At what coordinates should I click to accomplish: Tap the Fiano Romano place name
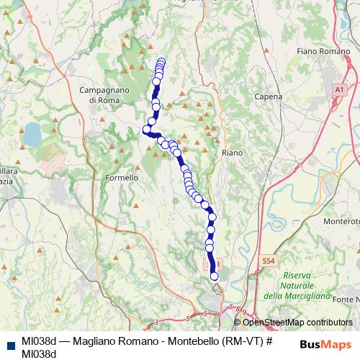pos(318,52)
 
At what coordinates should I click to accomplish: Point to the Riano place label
pos(232,153)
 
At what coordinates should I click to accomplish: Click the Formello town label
pos(121,177)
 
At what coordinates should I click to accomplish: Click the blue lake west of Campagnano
pos(32,133)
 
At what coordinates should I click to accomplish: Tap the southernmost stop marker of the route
pos(214,276)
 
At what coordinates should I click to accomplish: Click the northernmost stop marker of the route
pos(161,62)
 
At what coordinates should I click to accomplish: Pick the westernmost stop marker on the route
pos(146,130)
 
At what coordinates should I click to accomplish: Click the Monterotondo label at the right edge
pos(341,222)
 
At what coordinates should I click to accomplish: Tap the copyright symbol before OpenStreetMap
pos(238,323)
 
